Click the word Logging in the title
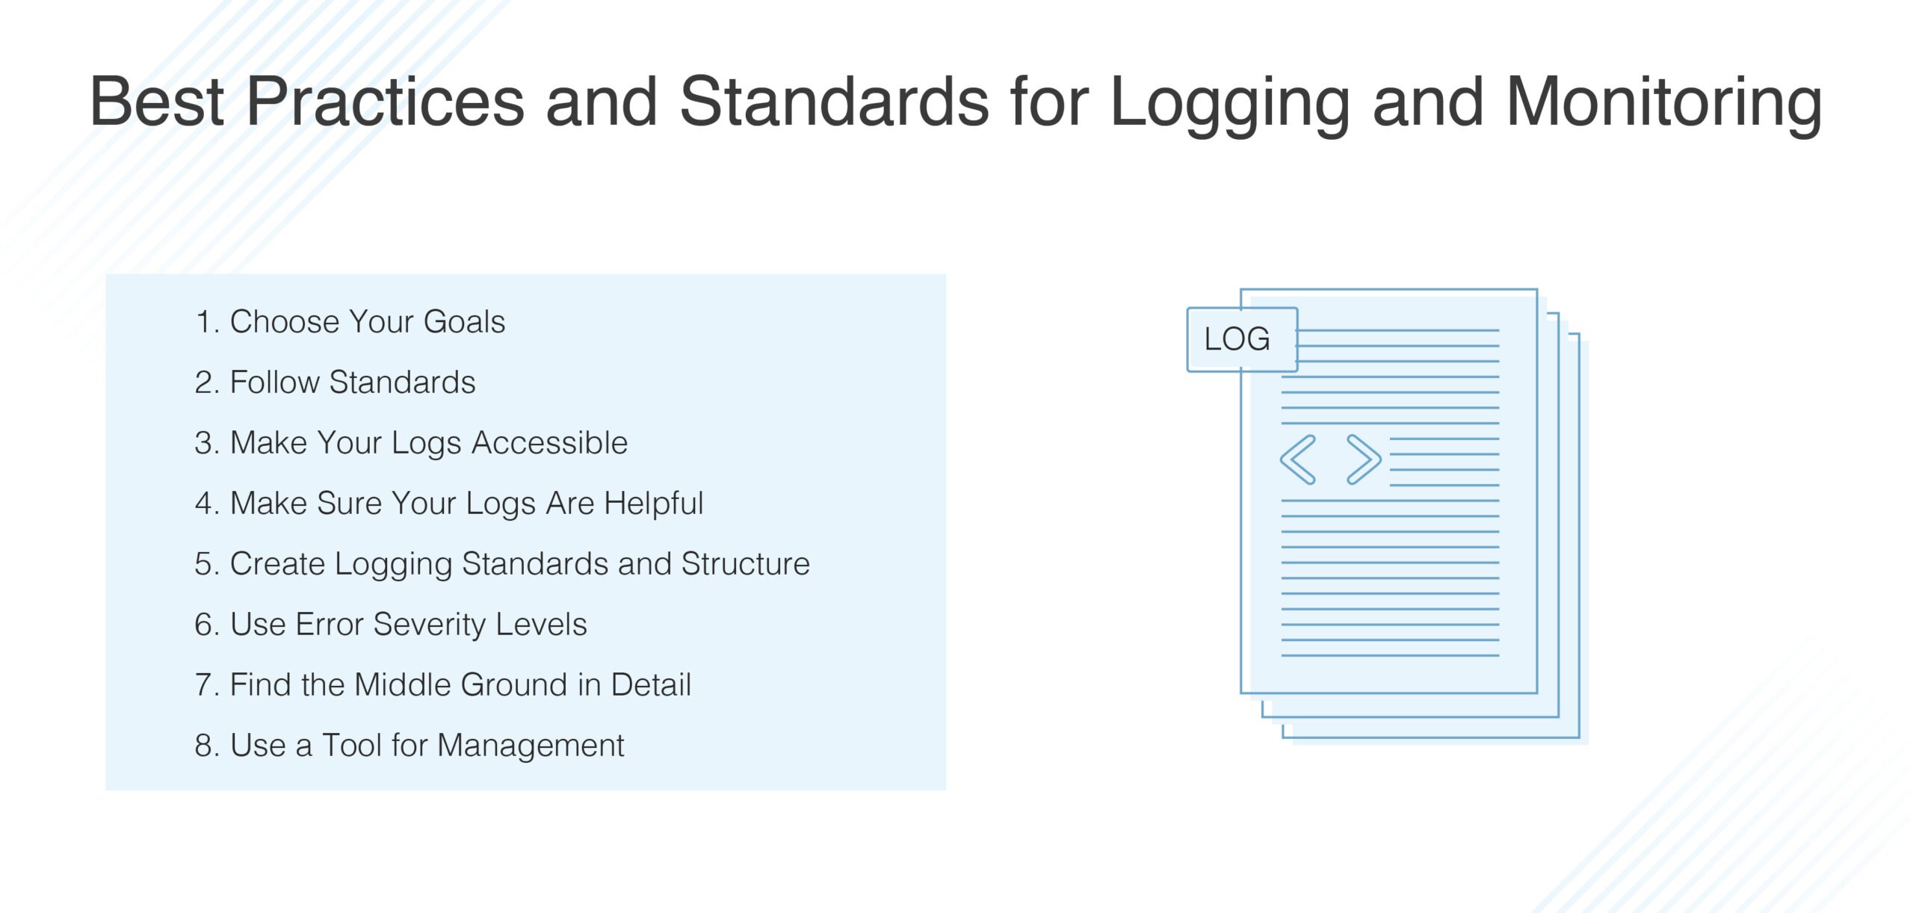point(1230,103)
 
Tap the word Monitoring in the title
point(1664,103)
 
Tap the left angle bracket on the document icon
point(1298,459)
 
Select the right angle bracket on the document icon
point(1363,459)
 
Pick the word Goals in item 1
point(464,322)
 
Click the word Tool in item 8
point(351,746)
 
